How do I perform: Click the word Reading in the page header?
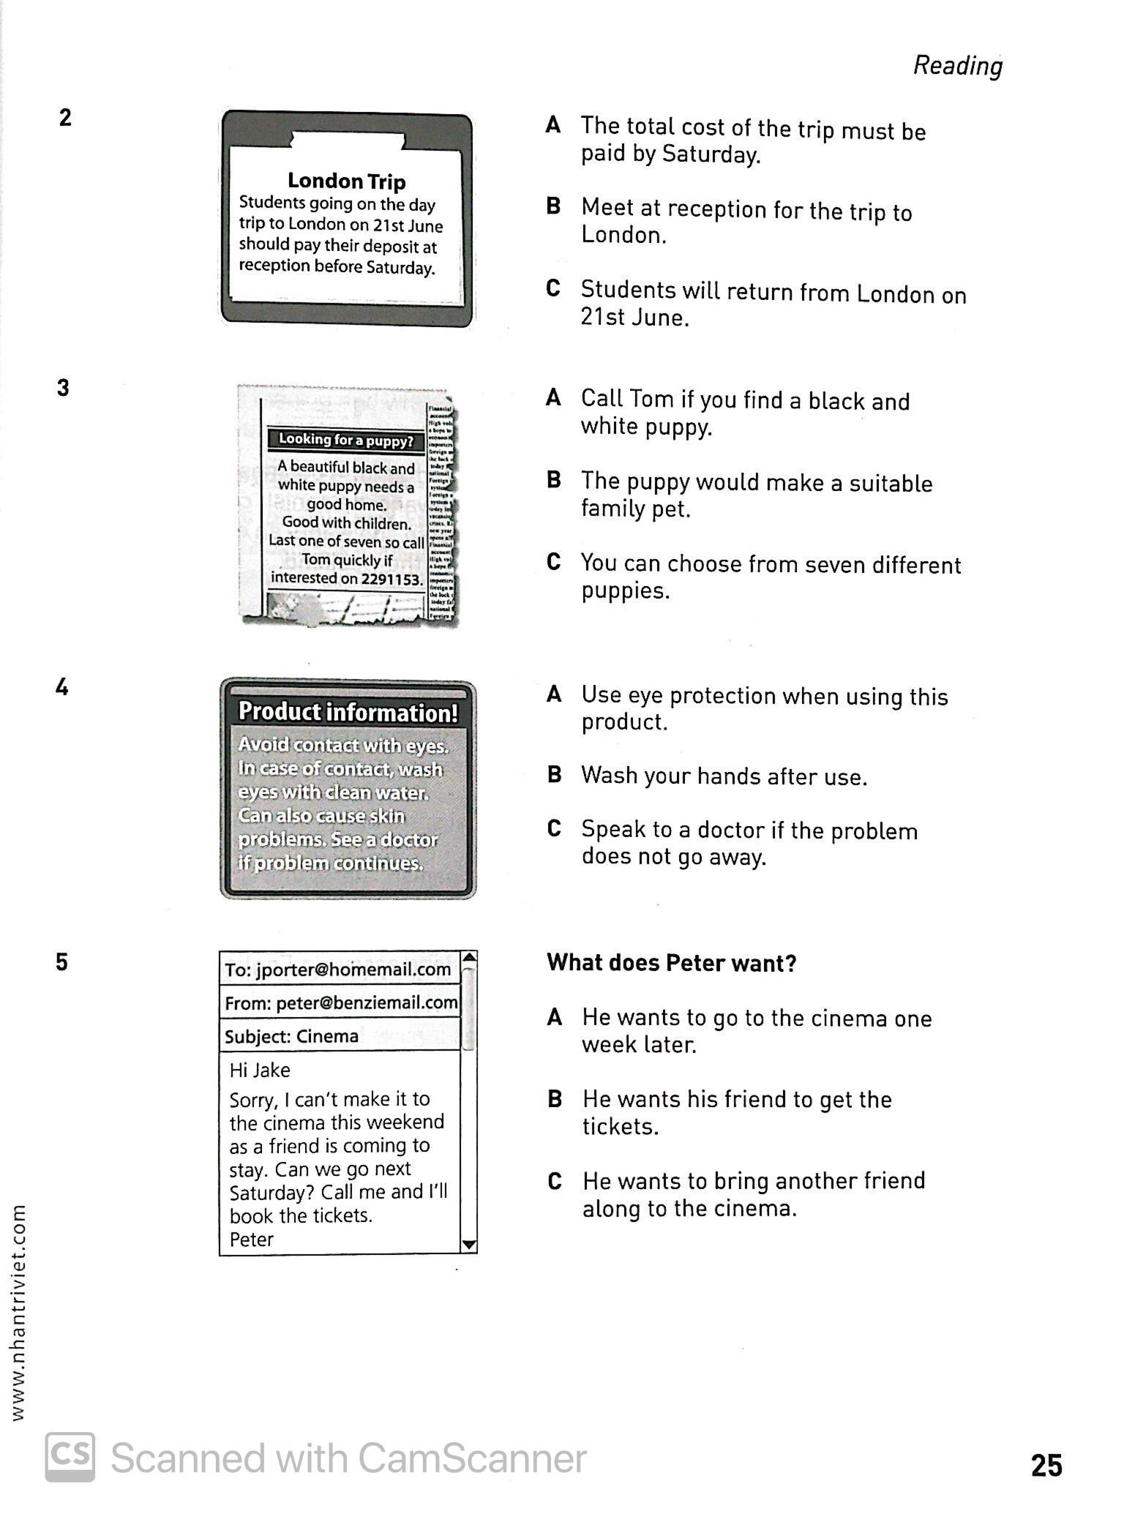(x=957, y=66)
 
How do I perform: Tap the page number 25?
(x=1046, y=1466)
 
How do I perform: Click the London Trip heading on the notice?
(x=346, y=181)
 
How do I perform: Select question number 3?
(x=63, y=388)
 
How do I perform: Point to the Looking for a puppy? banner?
(x=345, y=440)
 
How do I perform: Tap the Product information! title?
(x=348, y=712)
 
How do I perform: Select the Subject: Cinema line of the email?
(x=291, y=1036)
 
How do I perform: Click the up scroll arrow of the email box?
(x=469, y=958)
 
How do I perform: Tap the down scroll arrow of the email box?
(x=469, y=1245)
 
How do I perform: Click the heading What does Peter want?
(x=671, y=963)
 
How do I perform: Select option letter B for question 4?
(x=554, y=774)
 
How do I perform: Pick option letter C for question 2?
(x=553, y=288)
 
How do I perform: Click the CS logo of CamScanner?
(x=70, y=1457)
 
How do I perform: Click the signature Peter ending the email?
(x=251, y=1240)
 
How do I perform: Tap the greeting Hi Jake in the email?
(x=260, y=1070)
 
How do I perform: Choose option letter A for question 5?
(x=555, y=1017)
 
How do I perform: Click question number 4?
(x=62, y=688)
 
